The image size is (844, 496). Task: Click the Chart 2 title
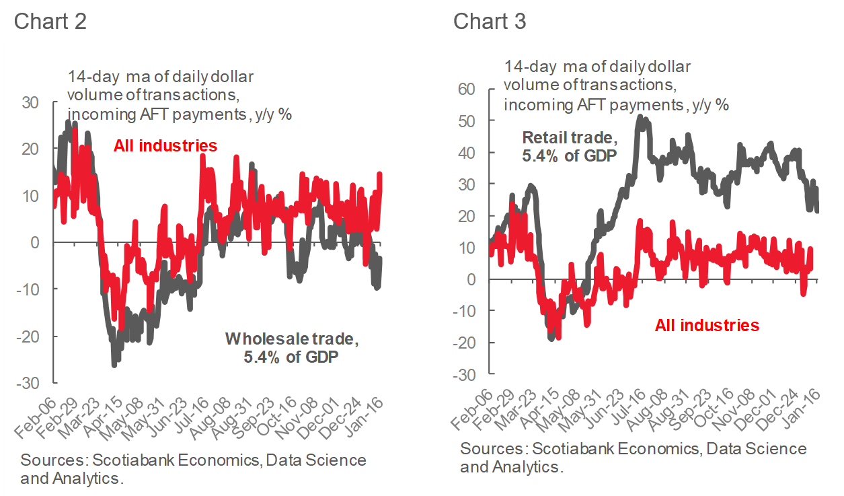[x=50, y=22]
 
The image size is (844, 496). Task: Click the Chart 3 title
[x=490, y=22]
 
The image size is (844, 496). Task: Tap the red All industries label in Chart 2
[x=165, y=145]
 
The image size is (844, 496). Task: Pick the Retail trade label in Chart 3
[x=570, y=147]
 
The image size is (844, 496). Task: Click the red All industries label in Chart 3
[x=707, y=326]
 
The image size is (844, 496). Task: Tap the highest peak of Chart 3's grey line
[x=639, y=116]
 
